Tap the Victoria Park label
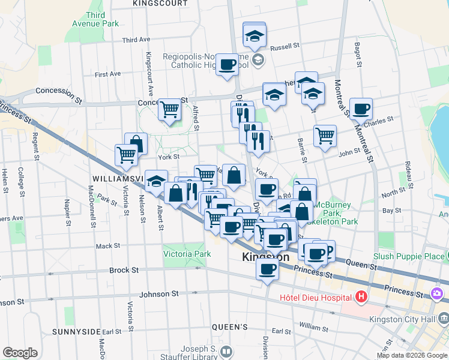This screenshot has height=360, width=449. [x=187, y=254]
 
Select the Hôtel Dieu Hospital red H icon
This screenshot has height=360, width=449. [x=361, y=297]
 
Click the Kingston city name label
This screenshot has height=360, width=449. [x=265, y=257]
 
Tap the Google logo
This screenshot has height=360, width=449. [x=20, y=353]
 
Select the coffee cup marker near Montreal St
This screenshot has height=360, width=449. [x=361, y=109]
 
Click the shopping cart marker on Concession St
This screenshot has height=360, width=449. [x=170, y=109]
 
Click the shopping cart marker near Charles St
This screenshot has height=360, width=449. [x=325, y=136]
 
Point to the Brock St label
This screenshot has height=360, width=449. [x=124, y=271]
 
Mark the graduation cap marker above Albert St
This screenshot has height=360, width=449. [x=157, y=181]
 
